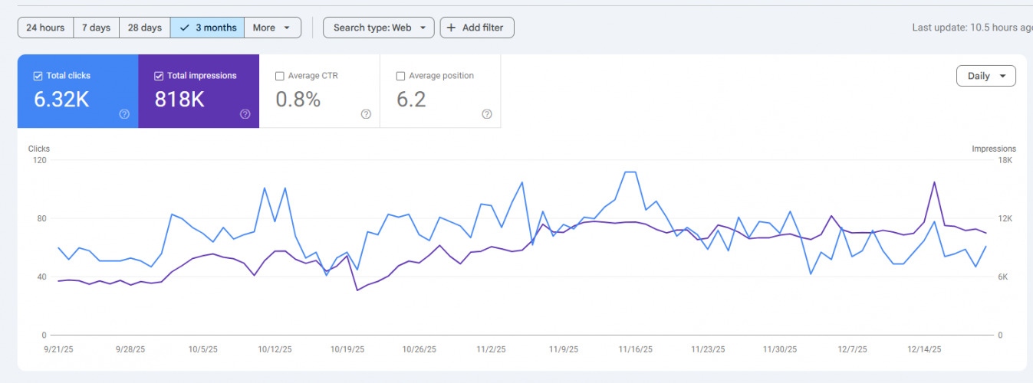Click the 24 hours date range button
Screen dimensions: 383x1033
click(x=45, y=28)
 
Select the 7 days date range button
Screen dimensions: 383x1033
click(x=96, y=28)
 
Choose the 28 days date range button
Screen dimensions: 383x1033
click(x=144, y=28)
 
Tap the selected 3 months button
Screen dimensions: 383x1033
click(x=207, y=28)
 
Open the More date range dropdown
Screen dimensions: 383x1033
click(x=272, y=28)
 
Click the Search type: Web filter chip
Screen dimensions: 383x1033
click(x=379, y=28)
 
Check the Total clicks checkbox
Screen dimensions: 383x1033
click(x=38, y=76)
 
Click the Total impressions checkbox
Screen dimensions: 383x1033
click(x=159, y=76)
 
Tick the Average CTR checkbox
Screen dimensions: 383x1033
click(x=280, y=76)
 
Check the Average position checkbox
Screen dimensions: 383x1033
click(x=400, y=76)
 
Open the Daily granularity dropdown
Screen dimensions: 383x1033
click(x=985, y=76)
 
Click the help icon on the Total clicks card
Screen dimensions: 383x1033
click(x=124, y=114)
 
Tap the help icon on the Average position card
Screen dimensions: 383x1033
click(x=487, y=114)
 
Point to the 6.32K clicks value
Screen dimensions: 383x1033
click(x=61, y=99)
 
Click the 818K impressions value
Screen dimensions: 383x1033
click(x=179, y=99)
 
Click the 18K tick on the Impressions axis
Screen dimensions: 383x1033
click(x=1005, y=160)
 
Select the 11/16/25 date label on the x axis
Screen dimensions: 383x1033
click(x=636, y=349)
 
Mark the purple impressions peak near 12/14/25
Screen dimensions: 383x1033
click(x=934, y=182)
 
